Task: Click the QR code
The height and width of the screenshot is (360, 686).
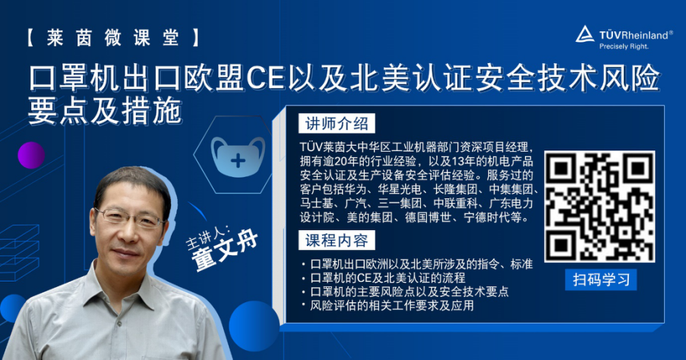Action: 599,207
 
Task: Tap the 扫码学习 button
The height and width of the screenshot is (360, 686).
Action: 601,279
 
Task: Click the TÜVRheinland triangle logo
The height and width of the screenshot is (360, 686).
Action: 584,34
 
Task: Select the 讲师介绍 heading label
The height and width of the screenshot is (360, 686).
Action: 337,124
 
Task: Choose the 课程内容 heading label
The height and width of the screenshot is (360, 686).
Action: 337,240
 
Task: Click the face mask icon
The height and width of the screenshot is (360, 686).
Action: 238,157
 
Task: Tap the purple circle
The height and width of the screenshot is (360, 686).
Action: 31,155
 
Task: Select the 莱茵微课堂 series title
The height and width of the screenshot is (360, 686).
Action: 112,38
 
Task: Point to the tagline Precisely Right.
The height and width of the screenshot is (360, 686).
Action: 624,46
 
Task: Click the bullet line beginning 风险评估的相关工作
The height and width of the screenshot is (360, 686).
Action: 387,305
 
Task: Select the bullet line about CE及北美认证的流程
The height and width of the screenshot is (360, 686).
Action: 383,278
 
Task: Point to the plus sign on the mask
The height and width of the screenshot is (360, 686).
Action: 238,161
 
